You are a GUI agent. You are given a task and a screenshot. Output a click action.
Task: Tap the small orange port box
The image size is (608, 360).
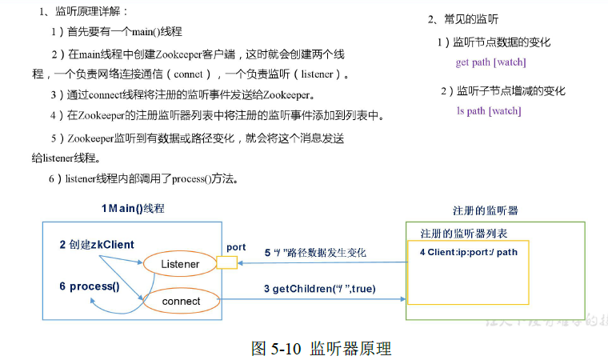227,262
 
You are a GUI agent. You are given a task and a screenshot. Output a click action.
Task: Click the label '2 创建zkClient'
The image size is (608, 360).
97,244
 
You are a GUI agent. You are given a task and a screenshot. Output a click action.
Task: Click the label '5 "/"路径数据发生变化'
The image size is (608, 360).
314,253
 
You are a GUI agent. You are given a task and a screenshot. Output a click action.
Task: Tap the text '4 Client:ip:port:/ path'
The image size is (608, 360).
468,252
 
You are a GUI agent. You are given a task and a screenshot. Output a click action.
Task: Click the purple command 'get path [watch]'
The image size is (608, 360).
490,62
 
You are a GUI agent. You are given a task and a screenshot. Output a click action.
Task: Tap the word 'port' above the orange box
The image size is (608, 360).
236,247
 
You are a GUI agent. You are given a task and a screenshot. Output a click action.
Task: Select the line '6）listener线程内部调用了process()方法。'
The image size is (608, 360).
154,178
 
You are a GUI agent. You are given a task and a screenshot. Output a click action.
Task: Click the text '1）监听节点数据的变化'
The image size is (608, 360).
493,42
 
